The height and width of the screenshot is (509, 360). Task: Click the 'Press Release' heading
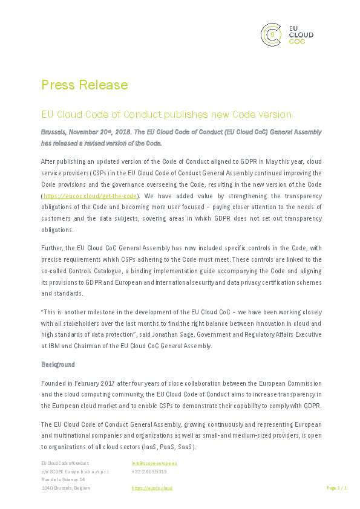(x=84, y=84)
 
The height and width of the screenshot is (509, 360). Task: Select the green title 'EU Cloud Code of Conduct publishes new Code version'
(x=157, y=114)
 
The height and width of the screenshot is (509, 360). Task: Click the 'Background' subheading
(x=58, y=365)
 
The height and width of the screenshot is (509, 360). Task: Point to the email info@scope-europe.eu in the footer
(x=154, y=463)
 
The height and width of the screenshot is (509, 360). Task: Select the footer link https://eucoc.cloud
(x=152, y=487)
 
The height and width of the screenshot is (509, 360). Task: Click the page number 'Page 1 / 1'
(x=336, y=487)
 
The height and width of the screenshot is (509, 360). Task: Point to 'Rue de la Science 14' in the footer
(x=63, y=479)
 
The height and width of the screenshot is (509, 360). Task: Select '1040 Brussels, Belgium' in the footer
(x=65, y=487)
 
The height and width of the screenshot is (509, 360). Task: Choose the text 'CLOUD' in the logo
(x=302, y=35)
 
